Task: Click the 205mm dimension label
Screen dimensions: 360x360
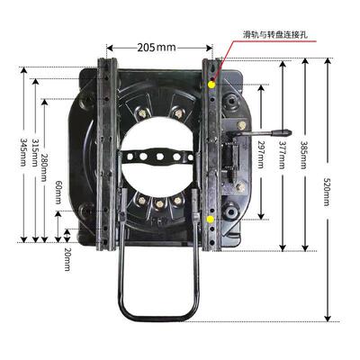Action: click(157, 48)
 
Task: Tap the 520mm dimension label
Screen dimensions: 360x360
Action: click(328, 192)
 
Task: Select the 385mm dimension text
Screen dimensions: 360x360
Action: click(305, 155)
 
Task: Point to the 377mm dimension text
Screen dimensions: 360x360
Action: click(283, 155)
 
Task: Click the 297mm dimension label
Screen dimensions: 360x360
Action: click(261, 155)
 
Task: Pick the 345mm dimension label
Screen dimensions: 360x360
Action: click(23, 152)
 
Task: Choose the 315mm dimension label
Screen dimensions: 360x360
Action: click(35, 153)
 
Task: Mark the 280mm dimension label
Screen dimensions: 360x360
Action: click(44, 167)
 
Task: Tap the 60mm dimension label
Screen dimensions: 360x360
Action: click(58, 193)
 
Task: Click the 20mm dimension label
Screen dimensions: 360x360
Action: click(67, 259)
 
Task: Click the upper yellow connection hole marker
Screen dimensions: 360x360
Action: click(211, 85)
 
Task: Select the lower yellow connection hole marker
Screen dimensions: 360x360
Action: click(211, 220)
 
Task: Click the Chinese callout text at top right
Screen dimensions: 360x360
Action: click(275, 34)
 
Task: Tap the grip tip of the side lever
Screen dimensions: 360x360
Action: click(289, 131)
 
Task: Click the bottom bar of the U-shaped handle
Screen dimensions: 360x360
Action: click(158, 318)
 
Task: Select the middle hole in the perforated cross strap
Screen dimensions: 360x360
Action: click(159, 157)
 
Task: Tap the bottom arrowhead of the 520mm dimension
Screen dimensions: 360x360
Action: click(328, 319)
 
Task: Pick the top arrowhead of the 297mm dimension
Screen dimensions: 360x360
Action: click(261, 88)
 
